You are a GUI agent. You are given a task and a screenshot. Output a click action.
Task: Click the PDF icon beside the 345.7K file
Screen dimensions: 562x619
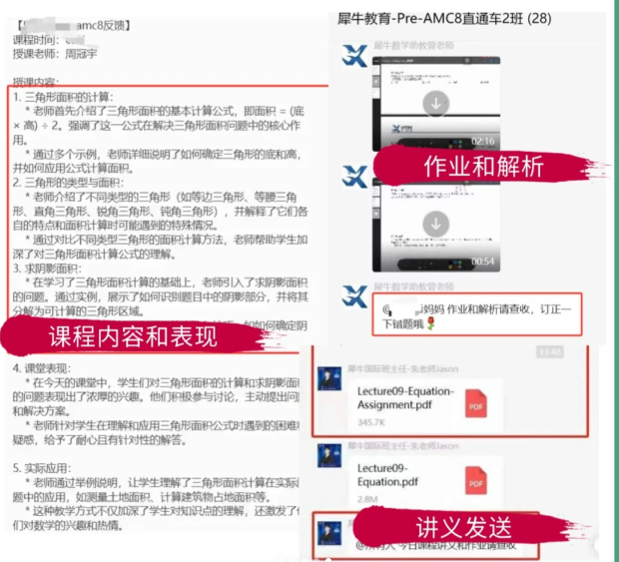(476, 406)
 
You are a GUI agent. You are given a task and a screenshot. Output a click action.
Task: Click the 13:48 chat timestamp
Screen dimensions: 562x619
(549, 351)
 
